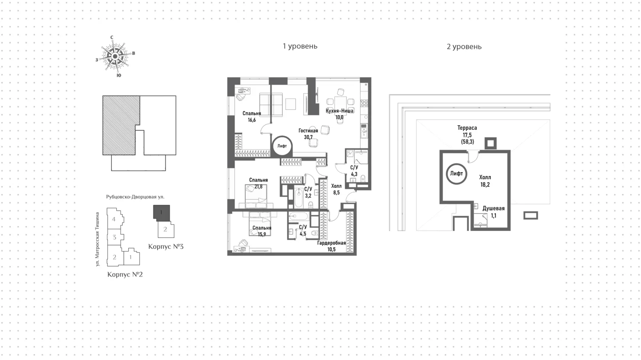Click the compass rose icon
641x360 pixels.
click(115, 57)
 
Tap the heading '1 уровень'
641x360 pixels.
click(300, 46)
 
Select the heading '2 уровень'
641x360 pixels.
click(464, 47)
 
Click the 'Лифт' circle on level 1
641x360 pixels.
click(282, 146)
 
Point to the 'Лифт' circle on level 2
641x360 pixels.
click(456, 174)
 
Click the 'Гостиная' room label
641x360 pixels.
click(308, 131)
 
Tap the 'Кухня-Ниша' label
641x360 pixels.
click(340, 111)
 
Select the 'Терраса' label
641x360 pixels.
click(467, 128)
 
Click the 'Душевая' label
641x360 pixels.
click(493, 208)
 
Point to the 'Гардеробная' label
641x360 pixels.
click(331, 243)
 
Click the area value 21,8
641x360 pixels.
click(258, 187)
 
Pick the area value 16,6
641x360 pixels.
click(252, 120)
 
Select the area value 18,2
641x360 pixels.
click(485, 185)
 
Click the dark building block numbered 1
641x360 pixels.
click(161, 213)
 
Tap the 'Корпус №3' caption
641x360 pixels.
click(166, 247)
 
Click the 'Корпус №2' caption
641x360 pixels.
click(125, 274)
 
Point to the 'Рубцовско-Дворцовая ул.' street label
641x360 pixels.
click(135, 197)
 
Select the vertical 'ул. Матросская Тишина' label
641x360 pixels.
click(97, 239)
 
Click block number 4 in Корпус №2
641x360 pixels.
click(114, 219)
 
